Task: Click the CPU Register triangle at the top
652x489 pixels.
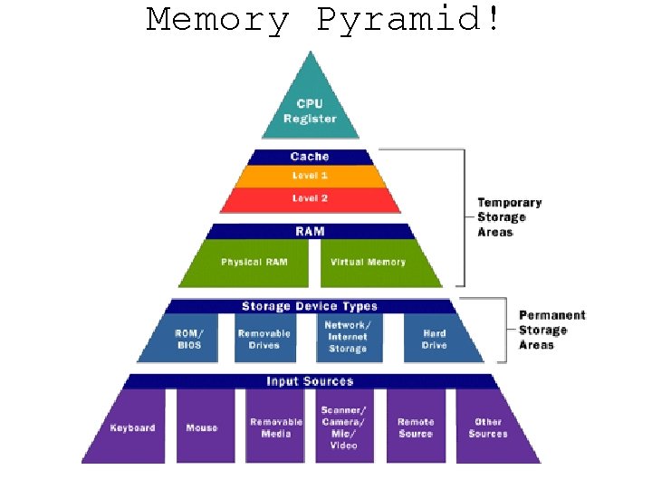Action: (310, 107)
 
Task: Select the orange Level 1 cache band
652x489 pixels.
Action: (310, 175)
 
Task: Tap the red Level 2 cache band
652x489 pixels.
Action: (310, 198)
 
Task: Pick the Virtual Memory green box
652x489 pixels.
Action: (368, 263)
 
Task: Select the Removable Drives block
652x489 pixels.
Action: (264, 339)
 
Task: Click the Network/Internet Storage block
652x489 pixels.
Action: (348, 337)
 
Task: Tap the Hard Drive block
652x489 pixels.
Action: (435, 339)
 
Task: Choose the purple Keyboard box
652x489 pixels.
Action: (132, 427)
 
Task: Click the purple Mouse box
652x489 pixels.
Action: (202, 427)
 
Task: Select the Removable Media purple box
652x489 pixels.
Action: (275, 427)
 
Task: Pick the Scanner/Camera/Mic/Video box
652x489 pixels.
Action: (344, 427)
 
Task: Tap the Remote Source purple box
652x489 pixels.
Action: (416, 427)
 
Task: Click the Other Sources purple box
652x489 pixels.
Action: (487, 427)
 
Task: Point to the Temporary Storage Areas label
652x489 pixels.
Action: (509, 217)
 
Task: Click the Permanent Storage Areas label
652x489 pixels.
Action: (551, 330)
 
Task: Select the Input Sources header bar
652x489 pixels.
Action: (310, 381)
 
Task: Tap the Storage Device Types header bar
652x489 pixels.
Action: (310, 306)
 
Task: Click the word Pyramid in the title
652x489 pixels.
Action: (407, 19)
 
